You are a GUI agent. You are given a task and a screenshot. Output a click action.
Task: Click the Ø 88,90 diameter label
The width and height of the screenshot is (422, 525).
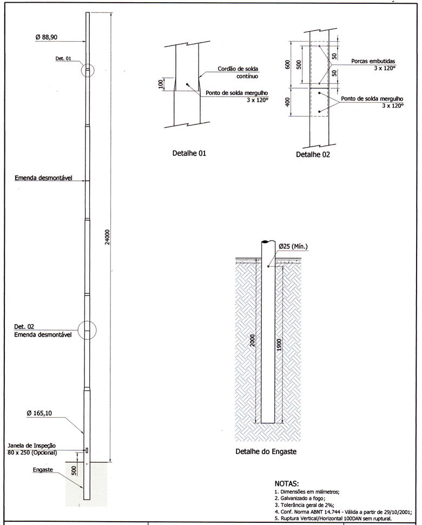click(x=47, y=37)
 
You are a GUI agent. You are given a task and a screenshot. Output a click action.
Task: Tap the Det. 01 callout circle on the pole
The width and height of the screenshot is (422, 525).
click(x=88, y=70)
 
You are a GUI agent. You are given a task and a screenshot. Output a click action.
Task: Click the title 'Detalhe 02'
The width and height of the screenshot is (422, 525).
click(x=313, y=154)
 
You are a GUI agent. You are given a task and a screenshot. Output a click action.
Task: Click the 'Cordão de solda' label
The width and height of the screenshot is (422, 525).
click(x=238, y=69)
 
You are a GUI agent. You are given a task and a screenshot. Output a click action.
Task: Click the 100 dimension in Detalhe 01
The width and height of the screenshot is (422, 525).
click(x=160, y=84)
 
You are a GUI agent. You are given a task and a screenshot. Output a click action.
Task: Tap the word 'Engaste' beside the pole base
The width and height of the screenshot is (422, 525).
click(x=42, y=469)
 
